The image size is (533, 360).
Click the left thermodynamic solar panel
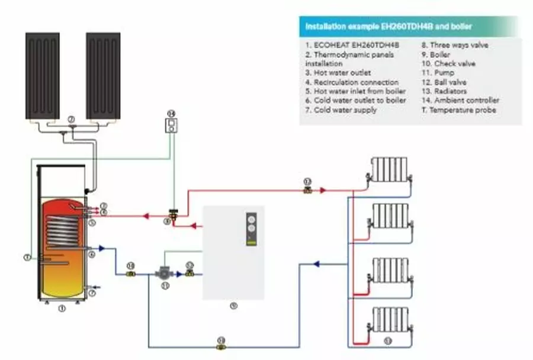(42, 75)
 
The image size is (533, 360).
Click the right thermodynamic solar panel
(103, 75)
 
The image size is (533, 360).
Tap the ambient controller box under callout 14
(171, 124)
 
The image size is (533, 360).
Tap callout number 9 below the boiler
(233, 306)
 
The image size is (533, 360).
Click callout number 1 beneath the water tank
(61, 308)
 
